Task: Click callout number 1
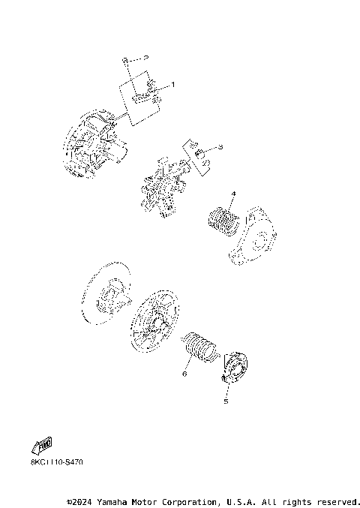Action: [172, 86]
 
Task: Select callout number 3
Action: [221, 149]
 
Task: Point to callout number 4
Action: [233, 194]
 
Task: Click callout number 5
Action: [225, 401]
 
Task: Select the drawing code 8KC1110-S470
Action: [57, 461]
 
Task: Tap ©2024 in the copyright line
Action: [80, 500]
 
